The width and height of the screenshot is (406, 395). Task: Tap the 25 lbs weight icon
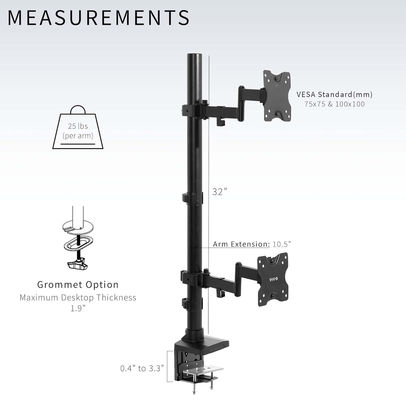click(78, 129)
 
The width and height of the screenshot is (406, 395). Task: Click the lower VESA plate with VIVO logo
click(273, 279)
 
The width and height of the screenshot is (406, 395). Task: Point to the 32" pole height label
click(220, 192)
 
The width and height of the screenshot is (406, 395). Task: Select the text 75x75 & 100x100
click(334, 104)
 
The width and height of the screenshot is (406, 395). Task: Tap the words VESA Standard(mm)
click(334, 94)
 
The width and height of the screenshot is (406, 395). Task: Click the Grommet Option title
click(78, 285)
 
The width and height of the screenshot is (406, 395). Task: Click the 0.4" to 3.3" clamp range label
click(142, 368)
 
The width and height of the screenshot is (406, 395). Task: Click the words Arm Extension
click(241, 244)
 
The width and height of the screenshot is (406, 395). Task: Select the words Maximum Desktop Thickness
click(78, 297)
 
